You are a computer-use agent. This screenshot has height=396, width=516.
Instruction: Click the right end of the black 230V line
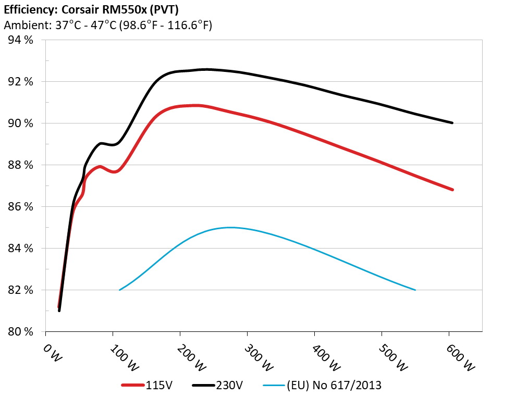pos(452,123)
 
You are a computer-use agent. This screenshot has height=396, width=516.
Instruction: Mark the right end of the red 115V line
pos(452,190)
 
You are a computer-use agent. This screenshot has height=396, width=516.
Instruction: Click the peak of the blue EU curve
pos(229,227)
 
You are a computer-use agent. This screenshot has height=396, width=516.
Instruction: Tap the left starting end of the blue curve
pos(120,290)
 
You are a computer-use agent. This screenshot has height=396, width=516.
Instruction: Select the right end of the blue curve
pos(415,290)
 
